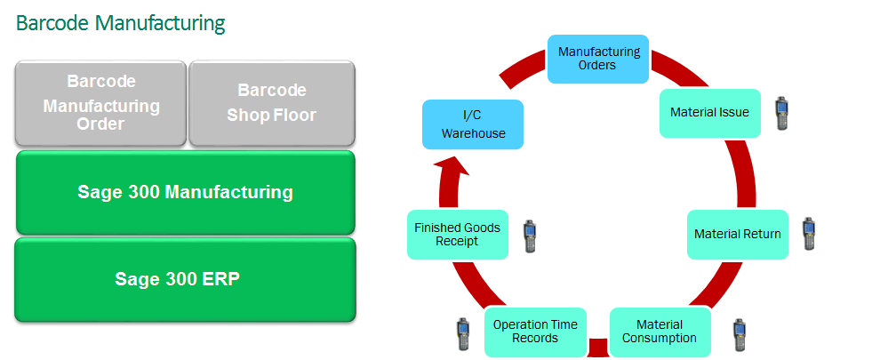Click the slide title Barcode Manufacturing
coord(120,23)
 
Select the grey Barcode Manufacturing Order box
coord(101,103)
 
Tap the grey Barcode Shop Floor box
coord(272,103)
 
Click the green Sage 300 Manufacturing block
coord(185,192)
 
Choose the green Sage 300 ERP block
coord(185,279)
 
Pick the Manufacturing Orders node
coord(598,59)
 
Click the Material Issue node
coord(709,113)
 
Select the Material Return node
coord(737,235)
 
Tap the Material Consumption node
coord(660,332)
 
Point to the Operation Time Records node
coord(535,332)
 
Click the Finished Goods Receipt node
coord(457,235)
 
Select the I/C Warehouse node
coord(473,124)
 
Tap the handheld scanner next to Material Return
coord(808,233)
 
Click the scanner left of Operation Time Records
coord(462,334)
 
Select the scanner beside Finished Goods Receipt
coord(531,235)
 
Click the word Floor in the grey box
coord(295,116)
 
